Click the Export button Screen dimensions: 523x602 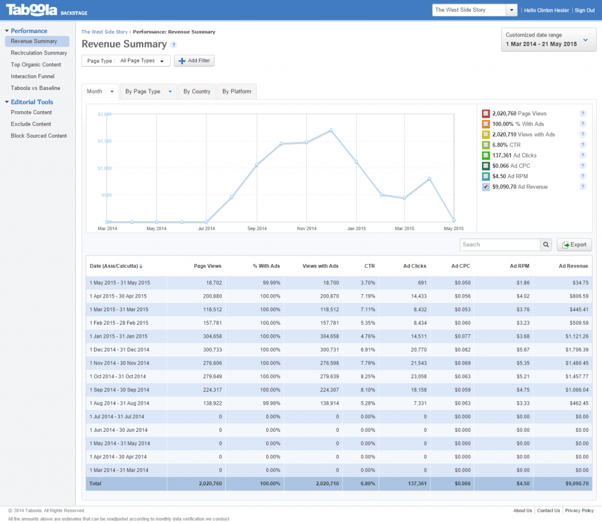click(574, 245)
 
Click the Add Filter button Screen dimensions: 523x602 click(194, 61)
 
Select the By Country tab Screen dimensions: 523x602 click(196, 91)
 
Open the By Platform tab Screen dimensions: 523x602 click(237, 91)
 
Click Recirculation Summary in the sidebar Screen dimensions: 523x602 click(39, 53)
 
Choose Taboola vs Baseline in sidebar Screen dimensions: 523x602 click(35, 88)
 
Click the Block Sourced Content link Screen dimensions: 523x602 click(39, 136)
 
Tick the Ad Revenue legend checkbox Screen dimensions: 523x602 click(486, 187)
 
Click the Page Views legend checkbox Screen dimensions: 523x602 click(486, 114)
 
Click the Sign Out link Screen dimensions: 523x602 click(584, 11)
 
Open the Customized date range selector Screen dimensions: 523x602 click(544, 39)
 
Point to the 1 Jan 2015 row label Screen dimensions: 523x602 click(118, 336)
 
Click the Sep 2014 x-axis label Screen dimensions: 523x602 click(256, 228)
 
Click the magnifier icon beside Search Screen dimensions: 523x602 click(546, 245)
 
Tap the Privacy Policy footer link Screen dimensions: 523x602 click(579, 511)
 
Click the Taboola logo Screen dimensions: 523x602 click(32, 10)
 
